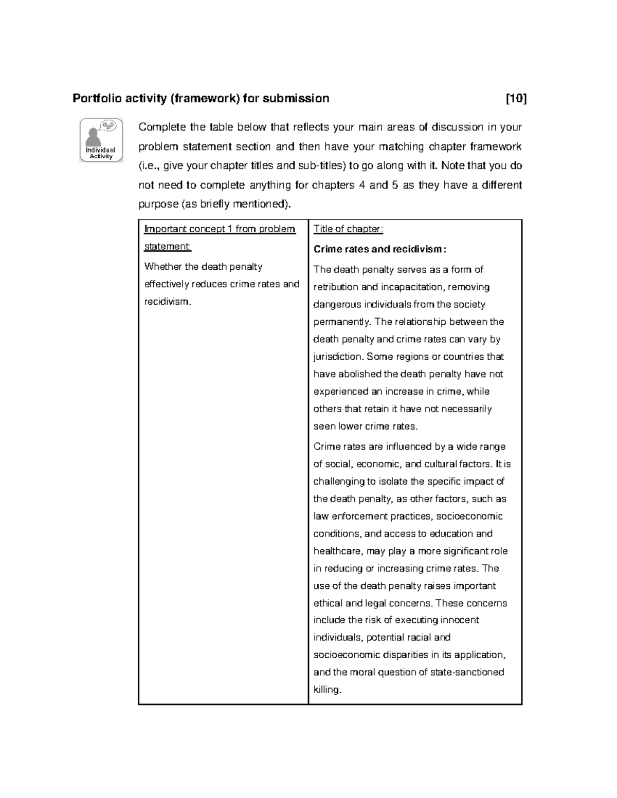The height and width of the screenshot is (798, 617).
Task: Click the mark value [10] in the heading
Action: (516, 98)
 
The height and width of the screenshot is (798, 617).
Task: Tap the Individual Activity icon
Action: (101, 140)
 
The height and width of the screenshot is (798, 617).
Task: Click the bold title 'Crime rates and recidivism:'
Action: (380, 250)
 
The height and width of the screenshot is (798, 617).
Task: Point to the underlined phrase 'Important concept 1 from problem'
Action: (220, 229)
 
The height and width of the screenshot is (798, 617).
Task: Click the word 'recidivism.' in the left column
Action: (168, 302)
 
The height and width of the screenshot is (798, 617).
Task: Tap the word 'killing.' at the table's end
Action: (328, 690)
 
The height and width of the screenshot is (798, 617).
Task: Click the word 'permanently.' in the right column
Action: (342, 322)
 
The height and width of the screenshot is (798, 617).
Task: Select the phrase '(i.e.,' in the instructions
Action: (150, 165)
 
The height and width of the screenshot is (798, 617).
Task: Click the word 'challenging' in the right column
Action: (338, 481)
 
